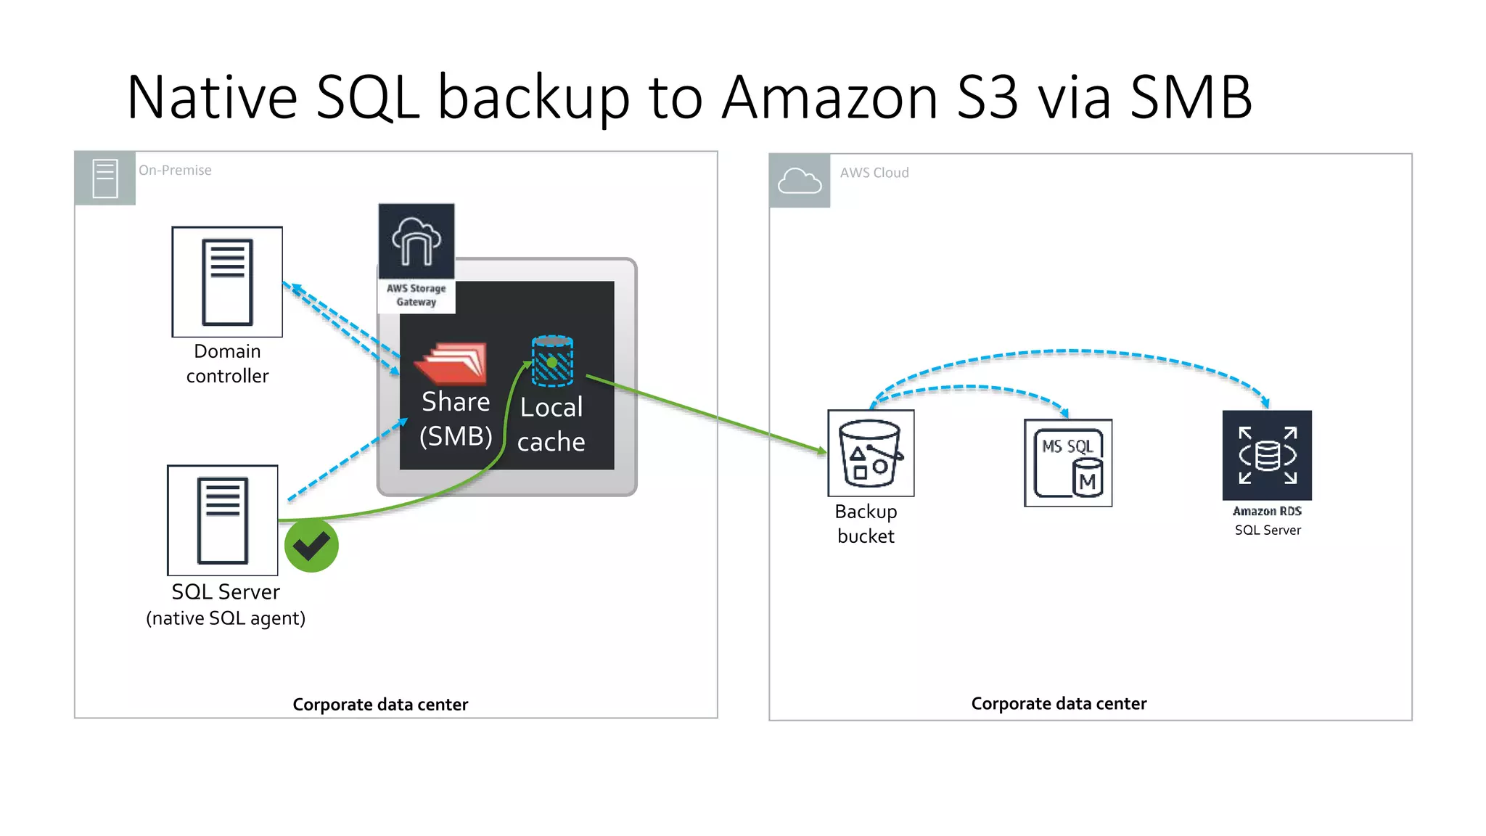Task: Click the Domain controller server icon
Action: click(x=227, y=282)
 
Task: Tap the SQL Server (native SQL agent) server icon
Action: click(x=223, y=520)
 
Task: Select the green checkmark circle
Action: click(x=311, y=546)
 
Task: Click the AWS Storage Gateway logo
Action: click(x=416, y=242)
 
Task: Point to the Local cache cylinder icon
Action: click(x=552, y=361)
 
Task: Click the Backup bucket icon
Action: click(x=871, y=453)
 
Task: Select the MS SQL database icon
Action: click(x=1068, y=463)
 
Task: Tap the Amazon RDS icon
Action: click(x=1267, y=455)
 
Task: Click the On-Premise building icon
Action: click(x=105, y=179)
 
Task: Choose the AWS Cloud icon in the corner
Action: click(x=800, y=181)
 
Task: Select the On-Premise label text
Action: click(x=175, y=171)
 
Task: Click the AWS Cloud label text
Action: click(x=874, y=173)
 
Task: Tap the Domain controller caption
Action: click(x=227, y=364)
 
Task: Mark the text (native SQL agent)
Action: click(x=226, y=618)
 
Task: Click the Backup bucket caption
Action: click(x=866, y=524)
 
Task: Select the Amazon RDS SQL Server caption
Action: click(x=1268, y=520)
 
